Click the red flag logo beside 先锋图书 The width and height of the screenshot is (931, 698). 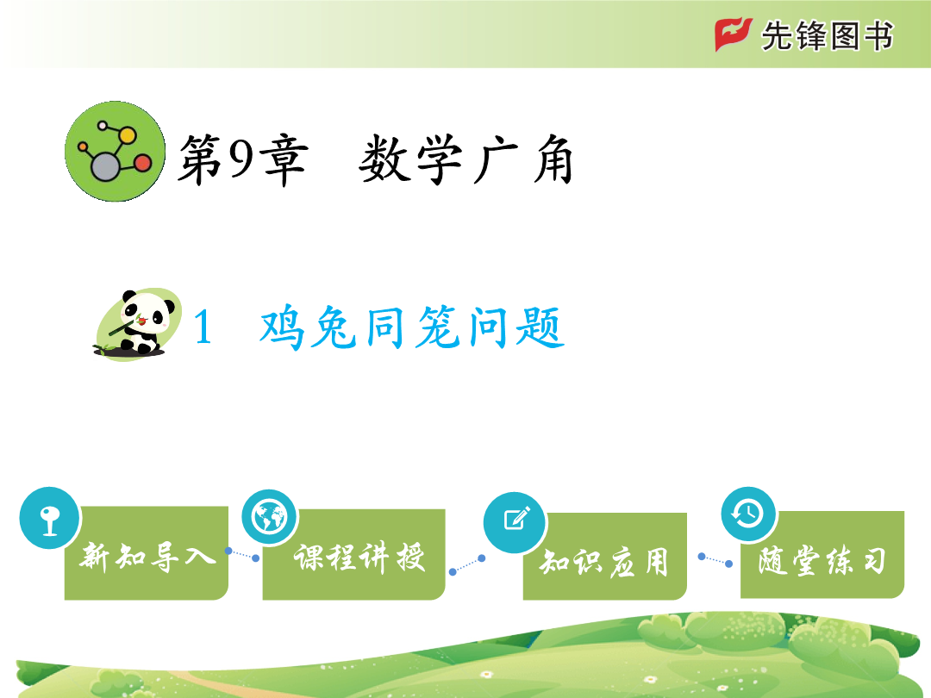(x=734, y=34)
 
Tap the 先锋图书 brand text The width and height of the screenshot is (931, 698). (x=827, y=35)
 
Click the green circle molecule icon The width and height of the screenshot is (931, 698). (x=116, y=152)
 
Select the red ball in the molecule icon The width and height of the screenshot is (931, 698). (x=142, y=163)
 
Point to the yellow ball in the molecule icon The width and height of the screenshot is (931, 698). (x=127, y=136)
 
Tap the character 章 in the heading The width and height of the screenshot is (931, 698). (x=286, y=159)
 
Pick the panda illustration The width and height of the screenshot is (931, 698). (x=138, y=324)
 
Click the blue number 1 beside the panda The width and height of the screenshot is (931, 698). (x=203, y=327)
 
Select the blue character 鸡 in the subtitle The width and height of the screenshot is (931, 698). (x=282, y=327)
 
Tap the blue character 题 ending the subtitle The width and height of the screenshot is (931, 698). (x=540, y=327)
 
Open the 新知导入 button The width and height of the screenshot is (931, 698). (x=146, y=552)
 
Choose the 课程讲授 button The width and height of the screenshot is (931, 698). (x=354, y=554)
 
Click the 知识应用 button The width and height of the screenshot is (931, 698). (x=604, y=556)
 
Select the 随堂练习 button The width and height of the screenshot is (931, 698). (x=822, y=554)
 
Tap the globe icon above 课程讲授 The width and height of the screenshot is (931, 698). (x=270, y=517)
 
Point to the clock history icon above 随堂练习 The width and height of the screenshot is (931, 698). (x=749, y=514)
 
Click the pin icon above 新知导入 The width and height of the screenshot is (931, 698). (x=49, y=518)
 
